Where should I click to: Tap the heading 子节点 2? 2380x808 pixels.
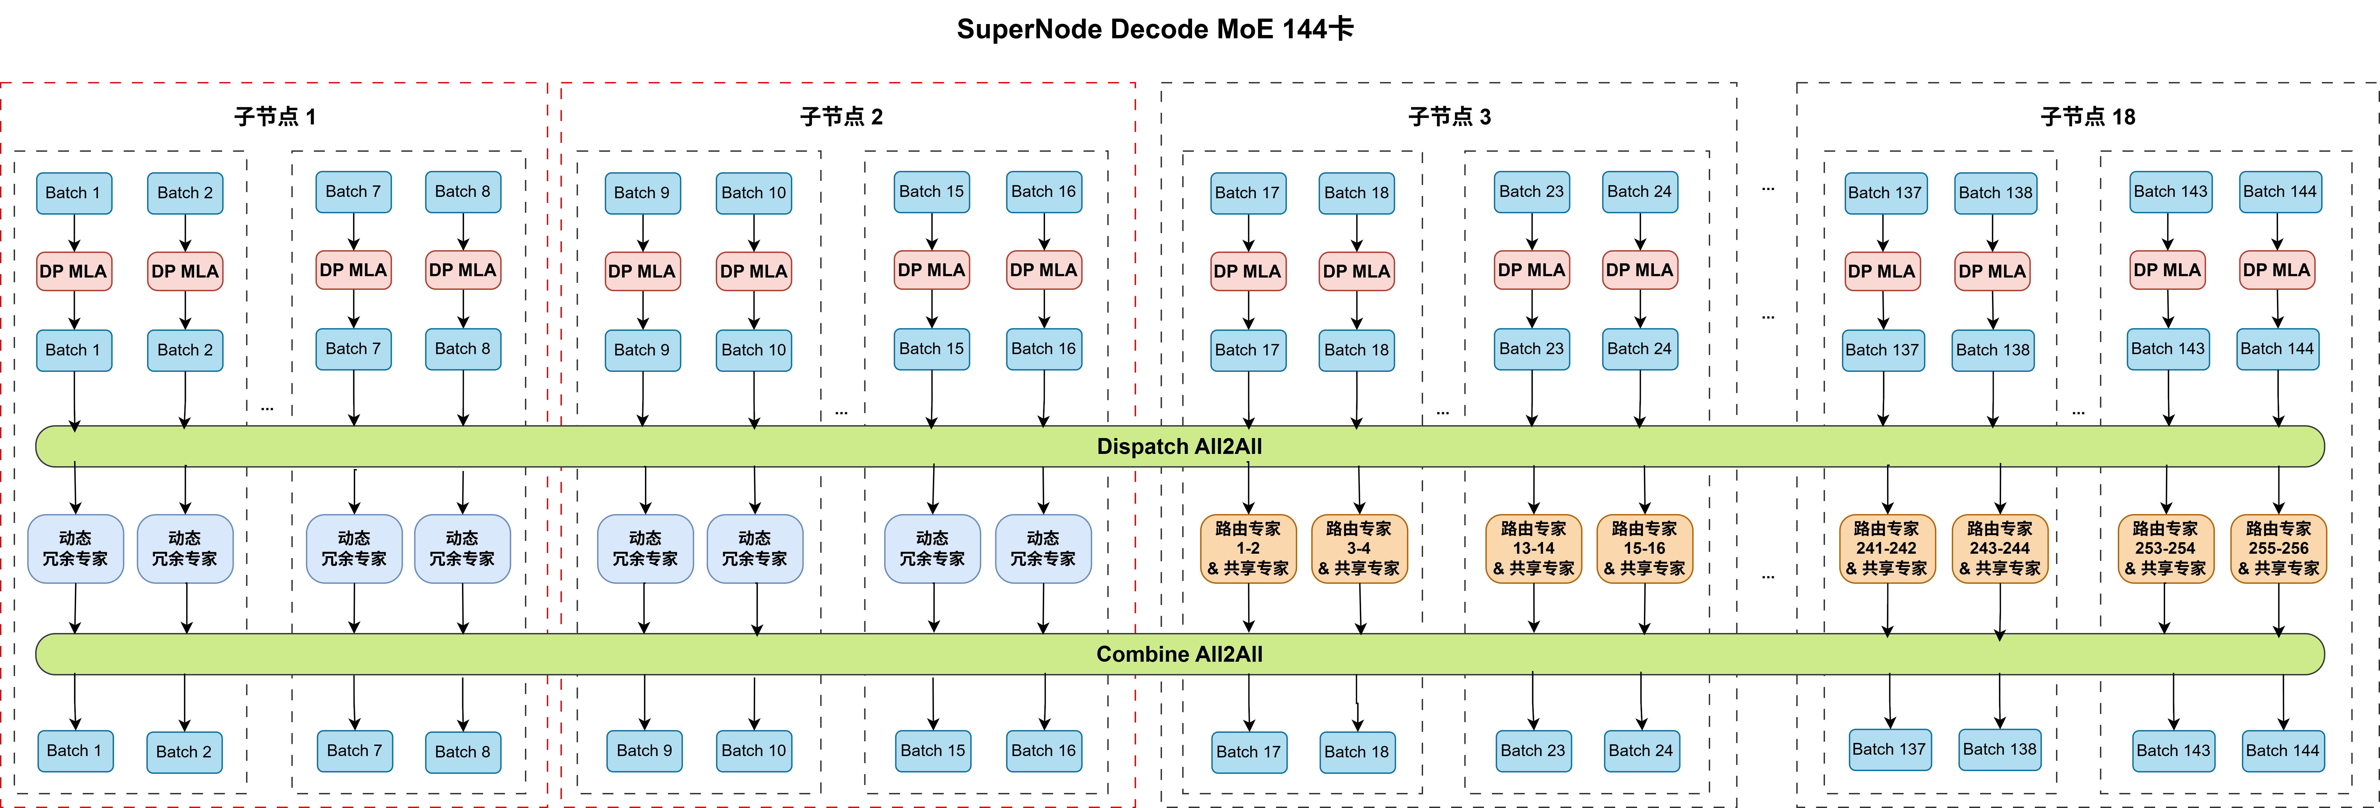841,116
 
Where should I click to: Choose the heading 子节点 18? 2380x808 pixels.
2087,116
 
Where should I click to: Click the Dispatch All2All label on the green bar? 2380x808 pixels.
1179,447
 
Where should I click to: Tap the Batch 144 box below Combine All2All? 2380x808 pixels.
2282,751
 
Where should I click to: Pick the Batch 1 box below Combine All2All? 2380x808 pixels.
75,751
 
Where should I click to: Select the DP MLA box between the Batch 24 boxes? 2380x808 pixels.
1640,270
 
